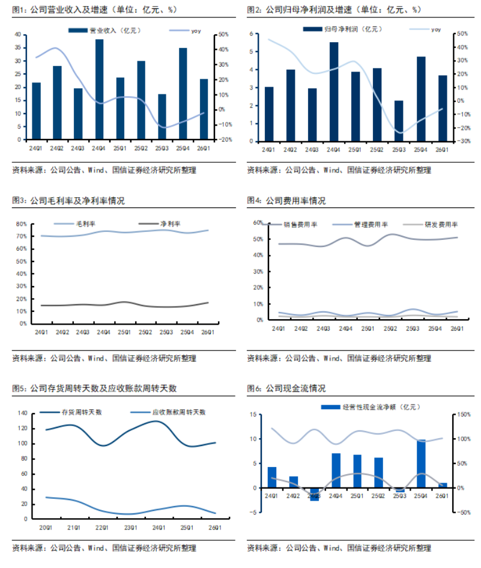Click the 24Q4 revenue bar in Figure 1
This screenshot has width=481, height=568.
(x=99, y=89)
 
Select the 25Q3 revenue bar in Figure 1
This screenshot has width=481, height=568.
(x=162, y=117)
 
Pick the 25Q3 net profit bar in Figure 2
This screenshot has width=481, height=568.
(x=399, y=121)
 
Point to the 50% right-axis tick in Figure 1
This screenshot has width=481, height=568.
(x=222, y=35)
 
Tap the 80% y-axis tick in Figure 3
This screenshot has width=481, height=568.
(x=21, y=224)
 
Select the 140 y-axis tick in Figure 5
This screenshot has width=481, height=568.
(x=23, y=414)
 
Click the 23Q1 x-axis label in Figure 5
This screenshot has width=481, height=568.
(x=130, y=528)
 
